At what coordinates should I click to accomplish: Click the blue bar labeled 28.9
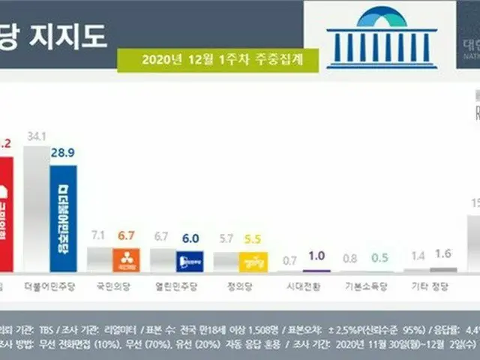pyautogui.click(x=62, y=217)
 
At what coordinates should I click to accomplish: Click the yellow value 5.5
pyautogui.click(x=253, y=238)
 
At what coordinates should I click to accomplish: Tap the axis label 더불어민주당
pyautogui.click(x=47, y=286)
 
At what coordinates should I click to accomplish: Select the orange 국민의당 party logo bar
pyautogui.click(x=126, y=260)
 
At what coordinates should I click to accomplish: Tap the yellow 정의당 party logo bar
pyautogui.click(x=253, y=261)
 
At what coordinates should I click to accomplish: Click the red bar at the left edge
pyautogui.click(x=6, y=214)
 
